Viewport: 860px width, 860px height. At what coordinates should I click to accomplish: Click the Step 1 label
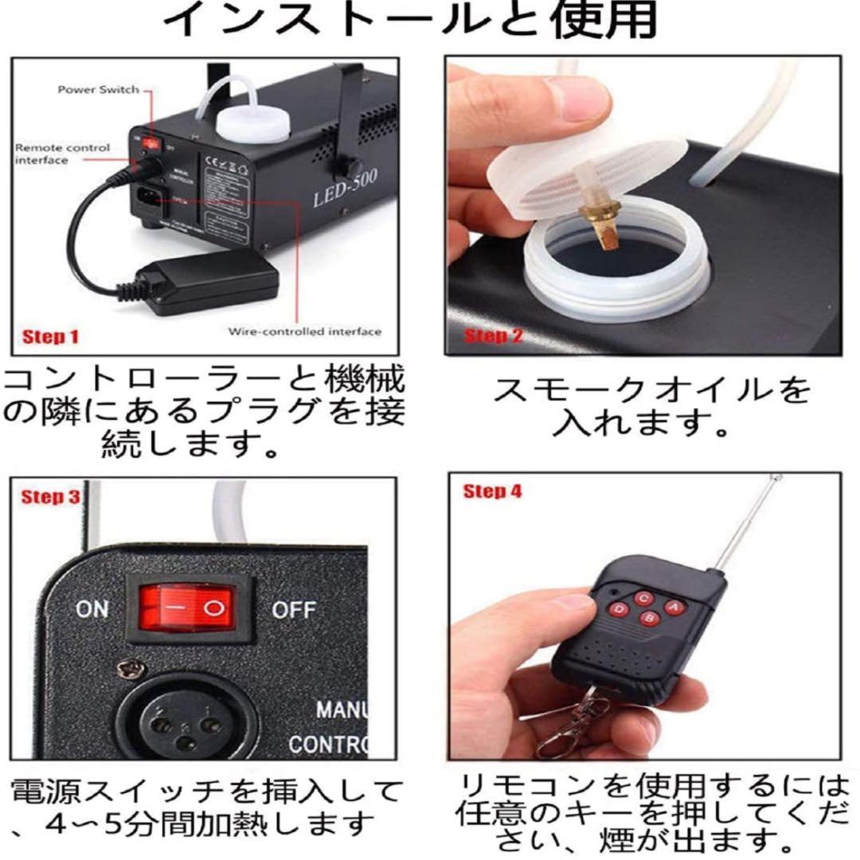pyautogui.click(x=51, y=337)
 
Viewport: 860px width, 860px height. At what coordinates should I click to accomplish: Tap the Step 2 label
pyautogui.click(x=494, y=335)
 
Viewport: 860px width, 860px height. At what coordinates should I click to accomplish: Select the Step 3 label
pyautogui.click(x=51, y=498)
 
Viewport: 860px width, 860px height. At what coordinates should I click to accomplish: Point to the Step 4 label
pyautogui.click(x=492, y=491)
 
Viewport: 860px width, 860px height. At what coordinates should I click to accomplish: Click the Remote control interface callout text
pyautogui.click(x=62, y=154)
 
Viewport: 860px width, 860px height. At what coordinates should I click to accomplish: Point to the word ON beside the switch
pyautogui.click(x=92, y=610)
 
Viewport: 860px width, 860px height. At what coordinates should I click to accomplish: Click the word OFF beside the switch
pyautogui.click(x=294, y=611)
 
